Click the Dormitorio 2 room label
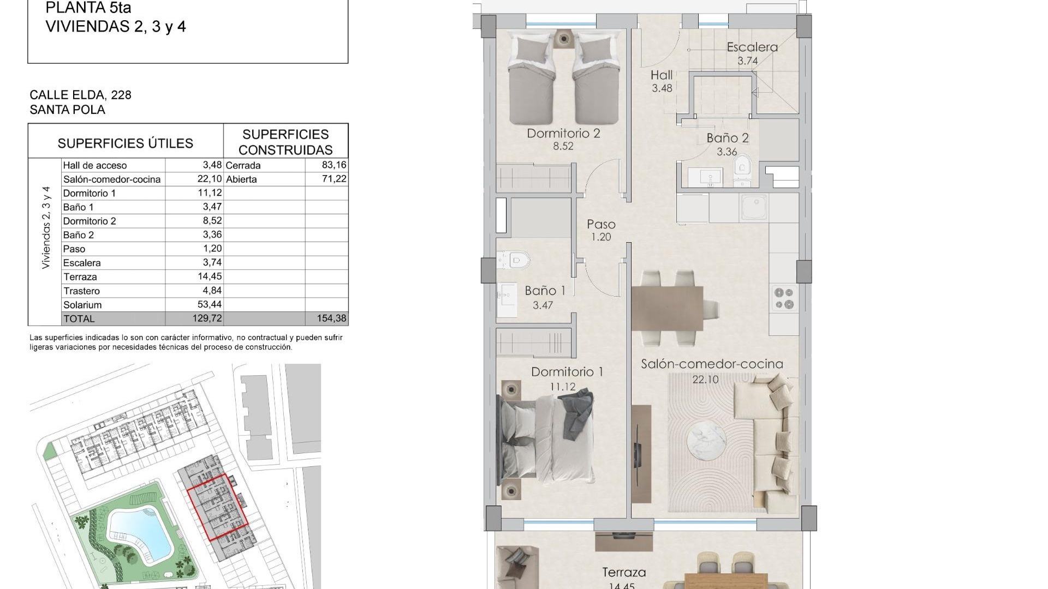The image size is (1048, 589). pyautogui.click(x=563, y=134)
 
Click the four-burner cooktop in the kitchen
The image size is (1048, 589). pyautogui.click(x=784, y=298)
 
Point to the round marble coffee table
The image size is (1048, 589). pyautogui.click(x=706, y=441)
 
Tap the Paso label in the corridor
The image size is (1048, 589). pyautogui.click(x=601, y=224)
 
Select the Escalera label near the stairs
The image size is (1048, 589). pyautogui.click(x=752, y=47)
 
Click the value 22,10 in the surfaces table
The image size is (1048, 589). pyautogui.click(x=209, y=179)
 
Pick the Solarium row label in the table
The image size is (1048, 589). pyautogui.click(x=82, y=305)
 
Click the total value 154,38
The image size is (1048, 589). pyautogui.click(x=331, y=318)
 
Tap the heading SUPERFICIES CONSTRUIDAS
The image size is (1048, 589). pyautogui.click(x=285, y=142)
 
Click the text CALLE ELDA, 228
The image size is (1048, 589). pyautogui.click(x=80, y=95)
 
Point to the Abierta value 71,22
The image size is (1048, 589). pyautogui.click(x=334, y=179)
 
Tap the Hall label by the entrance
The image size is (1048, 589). pyautogui.click(x=661, y=75)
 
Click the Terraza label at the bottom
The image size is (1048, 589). pyautogui.click(x=624, y=573)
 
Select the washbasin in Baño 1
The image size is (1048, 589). pyautogui.click(x=507, y=299)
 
